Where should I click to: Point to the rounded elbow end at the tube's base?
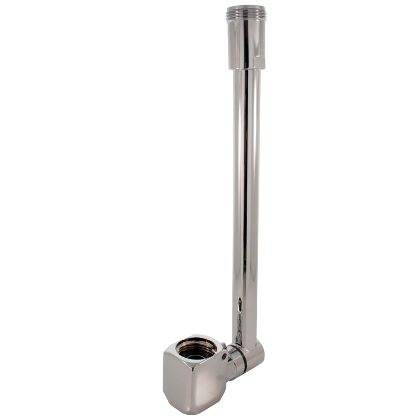[258, 355]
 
